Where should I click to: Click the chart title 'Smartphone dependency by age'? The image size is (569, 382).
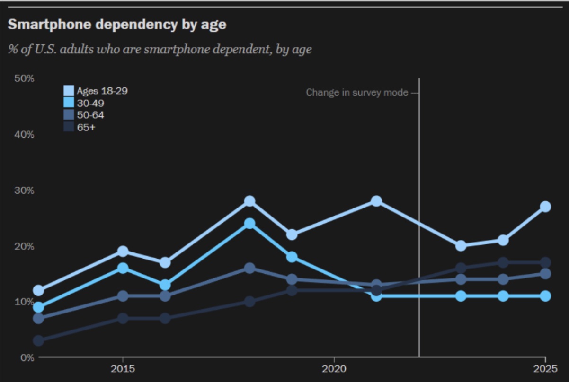tap(117, 25)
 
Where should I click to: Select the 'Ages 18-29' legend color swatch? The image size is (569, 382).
tap(69, 91)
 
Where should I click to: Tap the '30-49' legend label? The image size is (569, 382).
tap(90, 103)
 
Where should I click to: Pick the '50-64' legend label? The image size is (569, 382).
tap(90, 115)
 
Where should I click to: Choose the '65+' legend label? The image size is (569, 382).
tap(86, 127)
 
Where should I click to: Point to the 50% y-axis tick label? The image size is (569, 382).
tap(24, 78)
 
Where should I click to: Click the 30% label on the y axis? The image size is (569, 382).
tap(24, 190)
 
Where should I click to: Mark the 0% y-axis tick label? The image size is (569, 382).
tap(27, 357)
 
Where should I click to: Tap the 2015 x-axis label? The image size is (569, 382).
tap(123, 369)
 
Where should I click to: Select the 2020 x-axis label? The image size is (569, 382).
tap(334, 369)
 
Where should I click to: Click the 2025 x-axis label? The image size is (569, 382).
tap(545, 369)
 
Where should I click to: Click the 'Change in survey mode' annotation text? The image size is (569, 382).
tap(357, 93)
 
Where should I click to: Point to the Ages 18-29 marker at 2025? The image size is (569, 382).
tap(545, 207)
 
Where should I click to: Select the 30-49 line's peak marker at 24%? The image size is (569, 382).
tap(249, 224)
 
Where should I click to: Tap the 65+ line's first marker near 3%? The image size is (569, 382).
tap(39, 341)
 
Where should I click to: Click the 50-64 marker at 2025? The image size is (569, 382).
tap(545, 274)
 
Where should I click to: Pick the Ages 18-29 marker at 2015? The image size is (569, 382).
tap(123, 252)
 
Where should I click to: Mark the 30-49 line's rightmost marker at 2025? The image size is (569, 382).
tap(545, 296)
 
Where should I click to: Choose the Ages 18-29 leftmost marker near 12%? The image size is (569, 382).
tap(39, 290)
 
